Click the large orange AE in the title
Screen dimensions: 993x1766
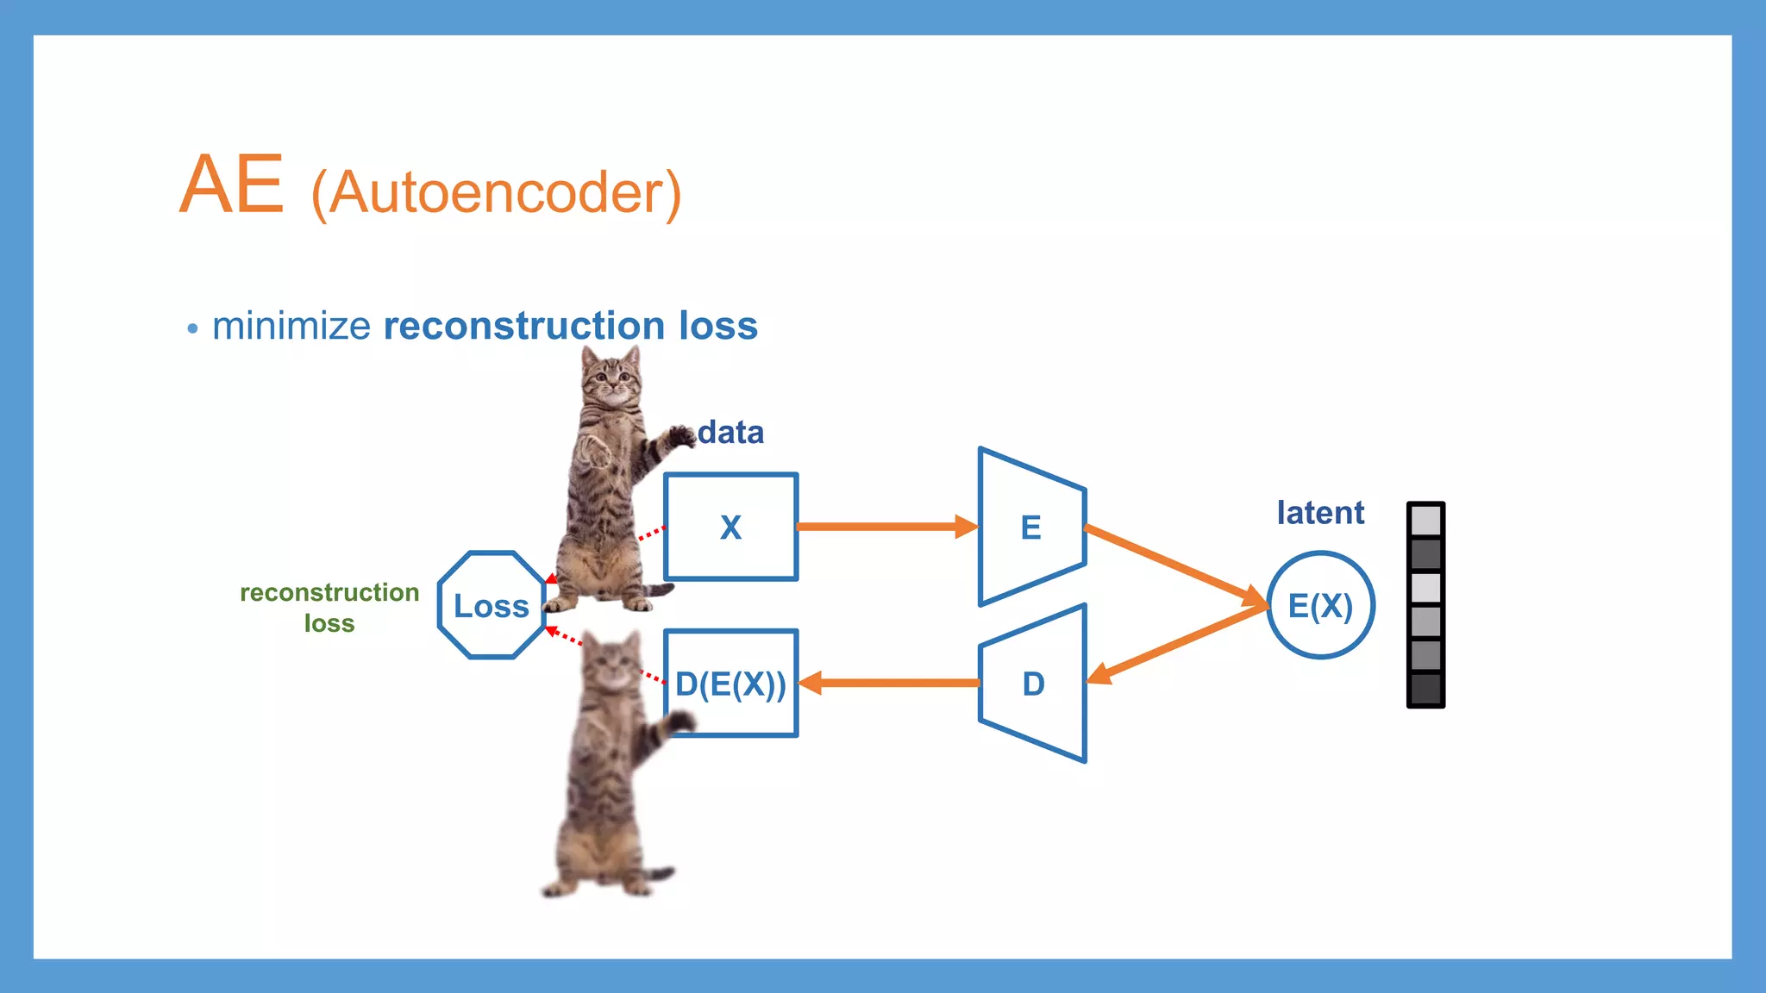click(231, 184)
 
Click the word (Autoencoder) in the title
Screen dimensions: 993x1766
click(496, 192)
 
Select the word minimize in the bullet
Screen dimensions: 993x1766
click(291, 326)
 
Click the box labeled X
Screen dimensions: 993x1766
click(730, 527)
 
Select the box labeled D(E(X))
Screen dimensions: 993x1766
click(730, 684)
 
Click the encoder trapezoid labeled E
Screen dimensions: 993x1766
click(1031, 527)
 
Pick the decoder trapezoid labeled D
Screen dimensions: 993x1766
click(1033, 684)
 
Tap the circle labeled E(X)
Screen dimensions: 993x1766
click(1320, 605)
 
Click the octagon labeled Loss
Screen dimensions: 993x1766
click(492, 605)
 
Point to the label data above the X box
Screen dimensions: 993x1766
click(730, 432)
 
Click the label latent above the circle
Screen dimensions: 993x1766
click(1320, 513)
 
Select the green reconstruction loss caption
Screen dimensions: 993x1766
click(329, 607)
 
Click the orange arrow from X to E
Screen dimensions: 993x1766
click(884, 526)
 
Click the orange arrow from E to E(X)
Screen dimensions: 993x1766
click(1173, 565)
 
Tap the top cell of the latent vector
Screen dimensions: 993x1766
click(1425, 521)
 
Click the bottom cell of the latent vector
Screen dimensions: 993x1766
click(1425, 689)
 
